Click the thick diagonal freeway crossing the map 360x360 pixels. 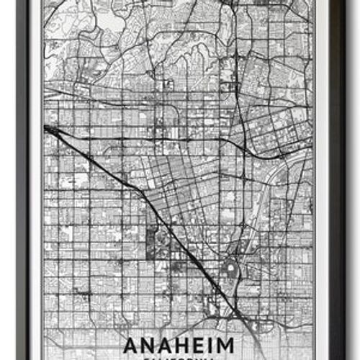point(144,209)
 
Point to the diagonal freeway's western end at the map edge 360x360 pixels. point(46,128)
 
